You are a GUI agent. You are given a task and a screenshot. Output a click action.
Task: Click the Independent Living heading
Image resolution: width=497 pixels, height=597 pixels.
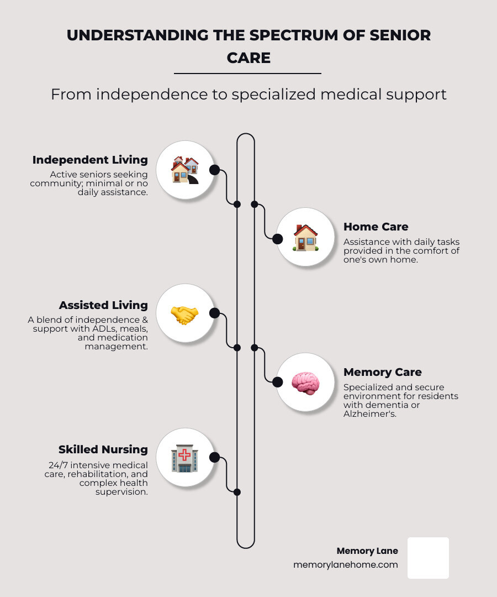pos(90,160)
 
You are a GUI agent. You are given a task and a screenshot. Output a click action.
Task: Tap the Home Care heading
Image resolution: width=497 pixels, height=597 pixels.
pos(376,227)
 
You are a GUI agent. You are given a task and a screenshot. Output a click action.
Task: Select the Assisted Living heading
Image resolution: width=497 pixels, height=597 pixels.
pos(103,305)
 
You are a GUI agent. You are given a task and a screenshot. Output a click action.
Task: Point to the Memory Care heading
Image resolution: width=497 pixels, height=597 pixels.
pos(383,372)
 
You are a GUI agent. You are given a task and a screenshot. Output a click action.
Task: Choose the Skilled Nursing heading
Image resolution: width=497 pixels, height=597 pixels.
pos(103,449)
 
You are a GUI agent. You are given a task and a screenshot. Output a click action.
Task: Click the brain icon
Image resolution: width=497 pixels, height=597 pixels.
pos(305,382)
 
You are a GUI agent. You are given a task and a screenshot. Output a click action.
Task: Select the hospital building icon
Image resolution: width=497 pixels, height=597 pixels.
pos(184,458)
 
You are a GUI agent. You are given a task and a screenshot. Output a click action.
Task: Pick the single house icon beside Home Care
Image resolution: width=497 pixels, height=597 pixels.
pos(305,238)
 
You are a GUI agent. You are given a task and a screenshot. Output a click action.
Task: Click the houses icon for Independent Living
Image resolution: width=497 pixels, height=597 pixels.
pos(184,170)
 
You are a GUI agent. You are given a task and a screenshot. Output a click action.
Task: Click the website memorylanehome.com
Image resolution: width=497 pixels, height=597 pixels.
pos(346,565)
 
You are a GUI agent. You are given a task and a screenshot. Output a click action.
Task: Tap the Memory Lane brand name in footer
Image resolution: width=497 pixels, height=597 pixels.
pos(367,551)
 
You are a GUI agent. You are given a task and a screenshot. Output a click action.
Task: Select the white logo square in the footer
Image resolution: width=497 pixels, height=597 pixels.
pos(428,558)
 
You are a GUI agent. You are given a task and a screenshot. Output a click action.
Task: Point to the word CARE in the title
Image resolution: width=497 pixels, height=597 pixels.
pos(248,57)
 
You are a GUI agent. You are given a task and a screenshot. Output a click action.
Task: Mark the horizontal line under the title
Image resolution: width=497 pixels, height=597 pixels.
pos(247,73)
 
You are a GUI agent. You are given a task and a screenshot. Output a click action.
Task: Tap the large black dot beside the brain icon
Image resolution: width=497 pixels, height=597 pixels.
pos(278,381)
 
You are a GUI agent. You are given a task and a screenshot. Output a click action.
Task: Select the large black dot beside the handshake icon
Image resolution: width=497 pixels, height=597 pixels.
pos(215,313)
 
